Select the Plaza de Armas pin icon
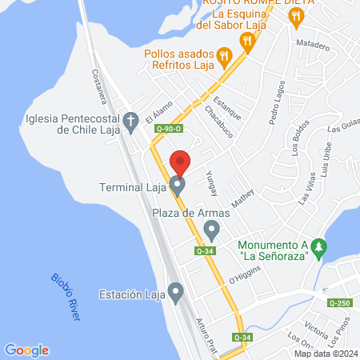(211, 230)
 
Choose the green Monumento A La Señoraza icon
(320, 247)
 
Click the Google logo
(26, 350)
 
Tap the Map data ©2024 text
(326, 354)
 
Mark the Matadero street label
(313, 46)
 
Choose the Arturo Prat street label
(206, 335)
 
